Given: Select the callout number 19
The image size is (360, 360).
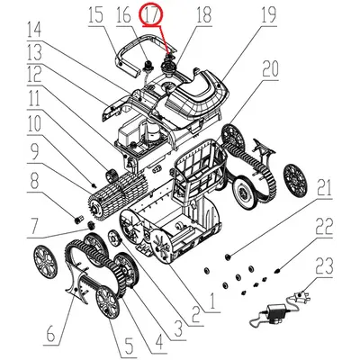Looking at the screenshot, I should (x=241, y=15).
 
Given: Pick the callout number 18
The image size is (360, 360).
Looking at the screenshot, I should (x=202, y=15).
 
